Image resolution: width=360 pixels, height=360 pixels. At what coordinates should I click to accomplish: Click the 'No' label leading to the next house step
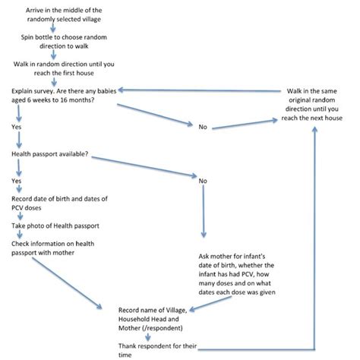pyautogui.click(x=203, y=127)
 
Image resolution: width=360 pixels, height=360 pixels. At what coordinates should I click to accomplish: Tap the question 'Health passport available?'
pyautogui.click(x=50, y=154)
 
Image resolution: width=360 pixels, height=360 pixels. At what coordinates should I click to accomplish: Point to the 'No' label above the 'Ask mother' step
pyautogui.click(x=203, y=182)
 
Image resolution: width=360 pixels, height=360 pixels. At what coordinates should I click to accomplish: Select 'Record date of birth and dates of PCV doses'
pyautogui.click(x=59, y=204)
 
